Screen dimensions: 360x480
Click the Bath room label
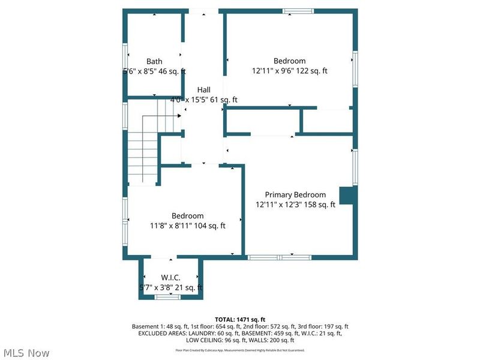coord(154,61)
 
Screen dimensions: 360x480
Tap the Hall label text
coord(203,90)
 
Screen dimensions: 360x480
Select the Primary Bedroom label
coord(296,194)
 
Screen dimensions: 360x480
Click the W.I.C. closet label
coord(171,278)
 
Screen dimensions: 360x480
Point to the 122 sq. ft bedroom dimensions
coord(290,71)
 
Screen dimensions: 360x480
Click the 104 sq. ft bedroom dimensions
coord(188,226)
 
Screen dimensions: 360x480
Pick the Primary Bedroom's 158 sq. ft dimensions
coord(295,205)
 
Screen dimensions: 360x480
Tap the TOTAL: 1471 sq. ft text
coord(240,319)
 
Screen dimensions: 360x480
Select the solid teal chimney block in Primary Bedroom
coord(347,196)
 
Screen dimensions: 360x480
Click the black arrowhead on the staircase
coord(179,116)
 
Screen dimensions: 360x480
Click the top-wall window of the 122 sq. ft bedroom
coord(298,11)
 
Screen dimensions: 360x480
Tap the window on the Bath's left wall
coord(125,60)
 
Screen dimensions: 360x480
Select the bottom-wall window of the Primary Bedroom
coord(280,257)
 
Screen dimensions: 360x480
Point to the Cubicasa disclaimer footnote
coord(240,350)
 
